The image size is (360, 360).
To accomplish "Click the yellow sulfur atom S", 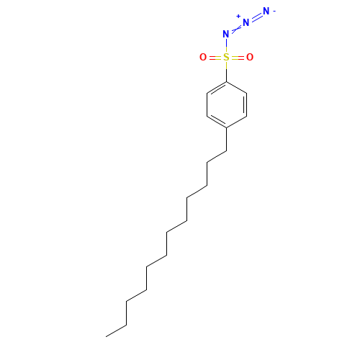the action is tap(226, 58).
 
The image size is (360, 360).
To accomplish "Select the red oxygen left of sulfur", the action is tap(203, 58).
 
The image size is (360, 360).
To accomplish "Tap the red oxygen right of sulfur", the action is tap(250, 58).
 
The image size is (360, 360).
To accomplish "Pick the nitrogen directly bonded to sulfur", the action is tap(226, 34).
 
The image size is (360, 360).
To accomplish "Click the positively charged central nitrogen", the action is tap(246, 22).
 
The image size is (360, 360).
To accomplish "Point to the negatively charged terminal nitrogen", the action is tap(266, 11).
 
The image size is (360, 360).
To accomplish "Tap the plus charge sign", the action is tap(238, 17).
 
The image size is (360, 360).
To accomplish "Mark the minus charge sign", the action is tap(274, 11).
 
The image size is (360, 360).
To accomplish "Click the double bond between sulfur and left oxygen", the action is tap(215, 58).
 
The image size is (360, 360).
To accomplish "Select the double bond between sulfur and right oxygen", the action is tap(238, 58).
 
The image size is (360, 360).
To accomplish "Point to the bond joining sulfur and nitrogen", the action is tap(226, 45).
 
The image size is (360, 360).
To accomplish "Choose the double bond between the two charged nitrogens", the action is tap(256, 17).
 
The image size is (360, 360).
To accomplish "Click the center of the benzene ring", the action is tap(227, 104).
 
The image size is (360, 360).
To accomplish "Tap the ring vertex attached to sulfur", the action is tap(227, 82).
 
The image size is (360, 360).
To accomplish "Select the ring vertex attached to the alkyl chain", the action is tap(227, 127).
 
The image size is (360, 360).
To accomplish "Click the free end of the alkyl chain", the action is tap(106, 336).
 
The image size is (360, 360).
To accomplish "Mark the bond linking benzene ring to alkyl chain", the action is tap(227, 139).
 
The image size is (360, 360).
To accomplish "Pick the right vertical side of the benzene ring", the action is tap(246, 104).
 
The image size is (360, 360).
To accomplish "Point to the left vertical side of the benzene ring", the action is tap(207, 104).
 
